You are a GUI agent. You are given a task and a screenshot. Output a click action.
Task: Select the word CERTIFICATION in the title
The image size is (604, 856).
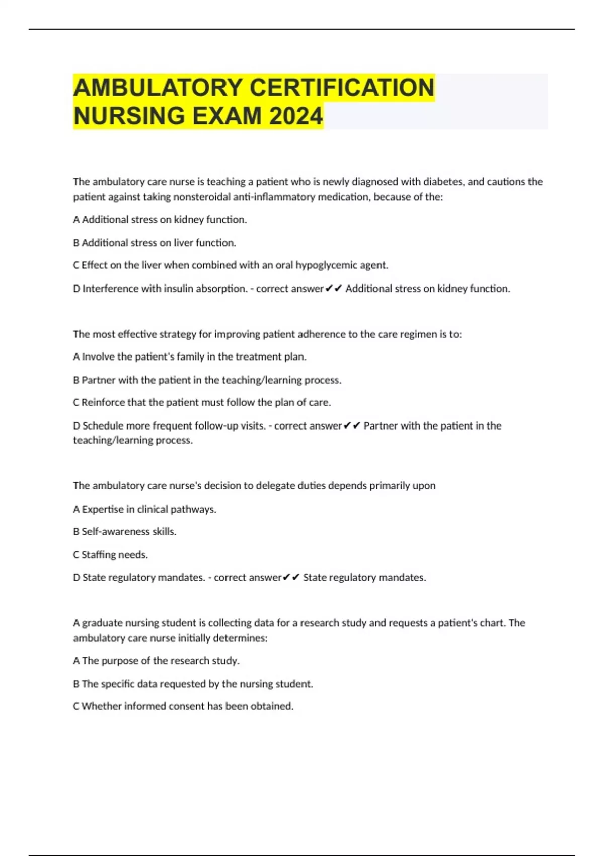click(342, 88)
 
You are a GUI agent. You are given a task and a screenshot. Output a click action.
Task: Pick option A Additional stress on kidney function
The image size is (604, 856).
click(160, 220)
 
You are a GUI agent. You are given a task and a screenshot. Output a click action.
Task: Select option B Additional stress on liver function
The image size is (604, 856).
click(155, 243)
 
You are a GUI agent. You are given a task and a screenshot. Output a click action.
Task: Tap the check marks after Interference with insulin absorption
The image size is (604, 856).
click(334, 289)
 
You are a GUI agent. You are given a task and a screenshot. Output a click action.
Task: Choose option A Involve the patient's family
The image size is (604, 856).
click(190, 357)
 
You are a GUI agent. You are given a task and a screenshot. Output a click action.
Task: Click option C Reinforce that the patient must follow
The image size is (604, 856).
click(202, 403)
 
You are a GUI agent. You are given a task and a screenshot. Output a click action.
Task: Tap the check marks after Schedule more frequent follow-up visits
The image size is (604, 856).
click(352, 426)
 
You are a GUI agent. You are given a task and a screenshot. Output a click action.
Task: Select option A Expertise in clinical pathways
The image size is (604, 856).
click(145, 509)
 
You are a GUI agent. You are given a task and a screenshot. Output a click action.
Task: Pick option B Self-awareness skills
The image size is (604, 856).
click(125, 532)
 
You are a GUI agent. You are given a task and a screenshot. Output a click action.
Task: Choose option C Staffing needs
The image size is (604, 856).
click(111, 555)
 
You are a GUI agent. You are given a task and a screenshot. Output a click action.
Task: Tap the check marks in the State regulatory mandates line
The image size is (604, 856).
click(291, 578)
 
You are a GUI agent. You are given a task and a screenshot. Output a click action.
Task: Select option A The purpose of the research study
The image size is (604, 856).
click(156, 661)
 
